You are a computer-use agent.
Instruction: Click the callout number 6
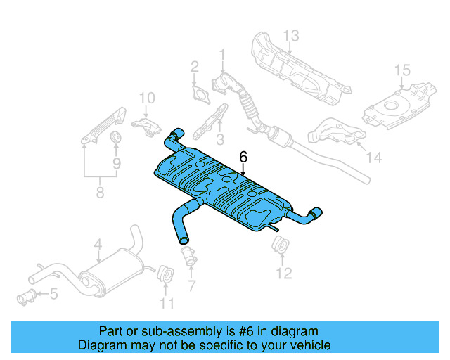coord(243,157)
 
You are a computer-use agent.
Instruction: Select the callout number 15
coord(401,70)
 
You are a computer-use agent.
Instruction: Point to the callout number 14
coord(374,158)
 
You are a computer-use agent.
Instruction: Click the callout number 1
coord(223,54)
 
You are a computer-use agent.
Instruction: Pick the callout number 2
coord(195,67)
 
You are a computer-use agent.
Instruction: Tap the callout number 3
coord(219,139)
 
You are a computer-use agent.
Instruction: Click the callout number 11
coord(166,303)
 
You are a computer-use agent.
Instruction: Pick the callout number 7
coord(191,285)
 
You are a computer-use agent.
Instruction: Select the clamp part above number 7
coord(188,255)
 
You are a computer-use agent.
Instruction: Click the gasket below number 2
coord(200,94)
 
